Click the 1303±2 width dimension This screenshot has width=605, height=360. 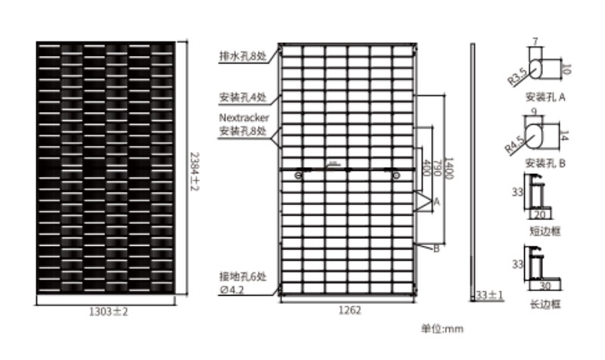105,311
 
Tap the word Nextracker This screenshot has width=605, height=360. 244,118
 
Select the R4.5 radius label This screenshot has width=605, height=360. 515,141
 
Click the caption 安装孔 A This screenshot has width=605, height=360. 545,98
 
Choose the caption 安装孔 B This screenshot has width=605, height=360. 545,163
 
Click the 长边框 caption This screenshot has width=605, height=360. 545,304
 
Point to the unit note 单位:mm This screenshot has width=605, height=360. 442,329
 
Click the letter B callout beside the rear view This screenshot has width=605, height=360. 436,248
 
